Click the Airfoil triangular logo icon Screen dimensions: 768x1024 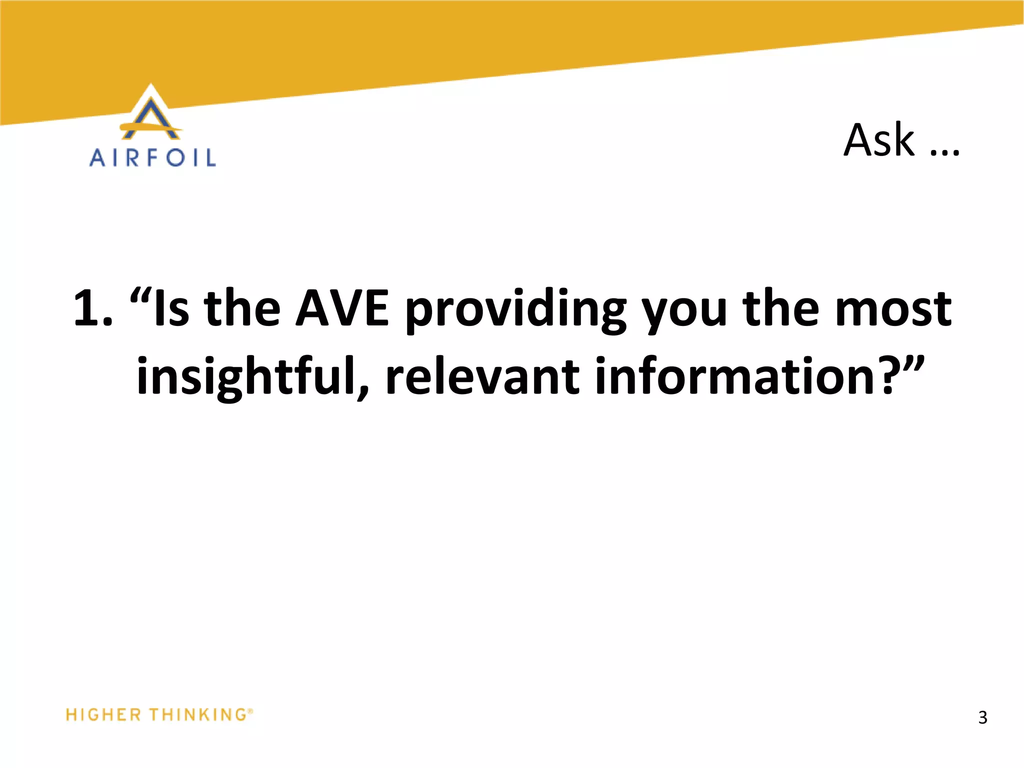(x=151, y=114)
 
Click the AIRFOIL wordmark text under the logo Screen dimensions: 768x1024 (x=152, y=158)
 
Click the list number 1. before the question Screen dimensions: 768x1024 (x=93, y=309)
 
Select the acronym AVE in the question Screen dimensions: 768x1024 (x=342, y=309)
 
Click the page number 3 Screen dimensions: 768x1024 (x=982, y=717)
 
